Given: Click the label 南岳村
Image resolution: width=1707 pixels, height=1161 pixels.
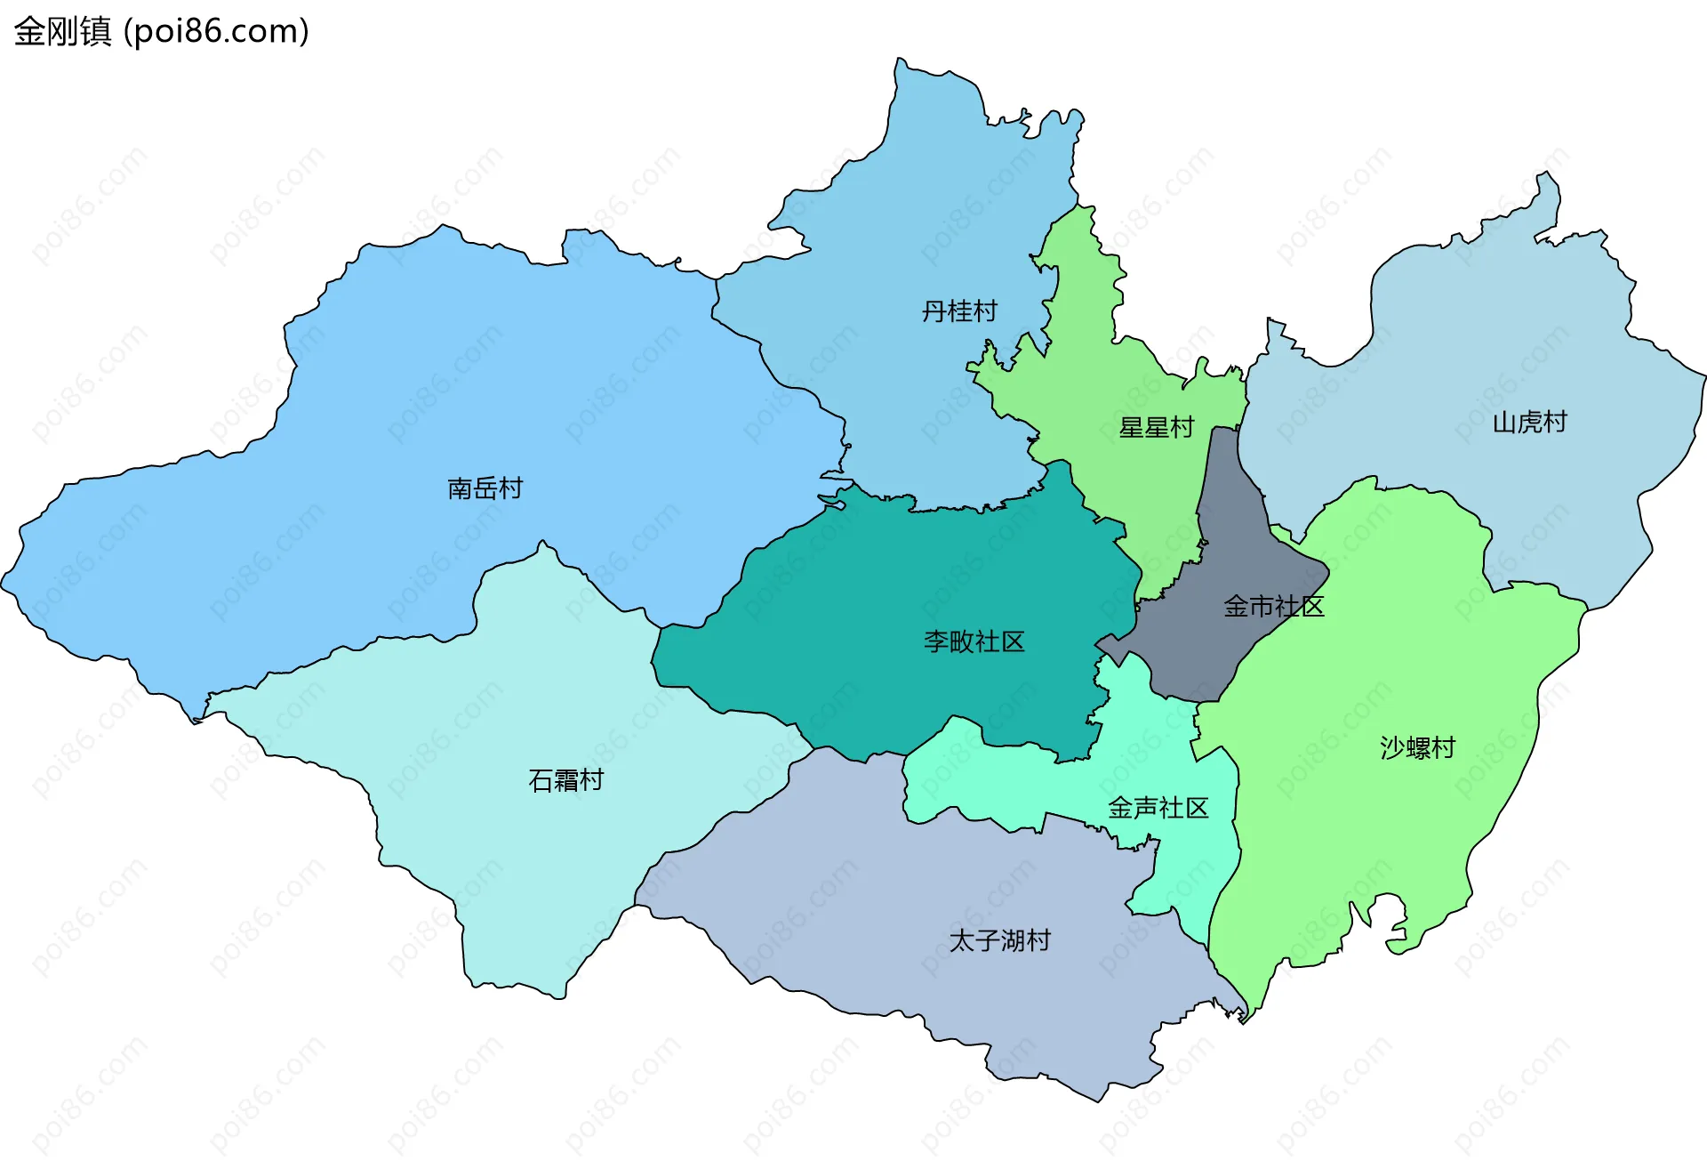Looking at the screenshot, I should pyautogui.click(x=485, y=488).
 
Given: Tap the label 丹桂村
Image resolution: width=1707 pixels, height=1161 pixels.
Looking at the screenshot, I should pyautogui.click(x=958, y=311).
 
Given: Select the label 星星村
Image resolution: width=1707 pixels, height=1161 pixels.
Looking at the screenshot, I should pyautogui.click(x=1156, y=428).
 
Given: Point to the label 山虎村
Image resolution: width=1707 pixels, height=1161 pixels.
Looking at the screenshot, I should pyautogui.click(x=1529, y=422).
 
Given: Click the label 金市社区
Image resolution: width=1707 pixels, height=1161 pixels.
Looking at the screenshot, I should pyautogui.click(x=1273, y=607).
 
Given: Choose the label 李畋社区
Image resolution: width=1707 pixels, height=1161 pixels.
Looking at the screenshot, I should pyautogui.click(x=974, y=641).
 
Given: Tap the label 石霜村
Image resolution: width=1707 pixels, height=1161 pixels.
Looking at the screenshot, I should pyautogui.click(x=565, y=780).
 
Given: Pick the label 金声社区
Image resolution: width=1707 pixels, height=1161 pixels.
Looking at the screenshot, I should pyautogui.click(x=1158, y=808).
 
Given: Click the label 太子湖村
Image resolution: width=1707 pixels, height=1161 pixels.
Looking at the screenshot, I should pyautogui.click(x=999, y=940).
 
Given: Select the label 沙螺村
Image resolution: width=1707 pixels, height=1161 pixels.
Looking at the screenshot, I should pyautogui.click(x=1417, y=747).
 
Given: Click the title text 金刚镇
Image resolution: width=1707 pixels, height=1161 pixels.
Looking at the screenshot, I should pyautogui.click(x=62, y=31).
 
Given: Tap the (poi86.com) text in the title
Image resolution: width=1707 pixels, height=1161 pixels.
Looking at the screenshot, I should pyautogui.click(x=216, y=31).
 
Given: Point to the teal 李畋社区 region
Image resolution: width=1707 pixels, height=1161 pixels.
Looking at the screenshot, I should pyautogui.click(x=889, y=587).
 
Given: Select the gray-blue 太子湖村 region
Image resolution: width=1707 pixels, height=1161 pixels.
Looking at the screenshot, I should pyautogui.click(x=889, y=890).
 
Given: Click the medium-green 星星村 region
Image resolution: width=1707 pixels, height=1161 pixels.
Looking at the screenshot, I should pyautogui.click(x=1094, y=374).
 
